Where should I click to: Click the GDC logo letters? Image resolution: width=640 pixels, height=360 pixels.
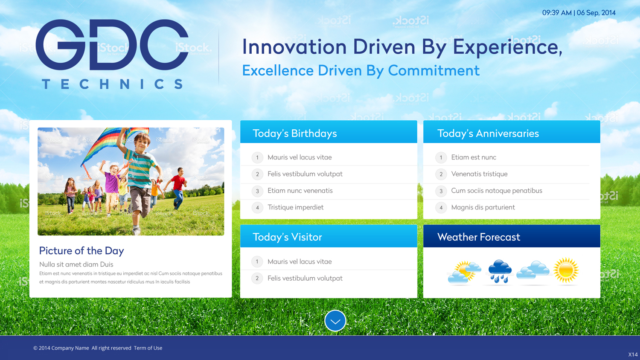112,45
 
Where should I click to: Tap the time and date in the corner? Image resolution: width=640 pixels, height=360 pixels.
579,13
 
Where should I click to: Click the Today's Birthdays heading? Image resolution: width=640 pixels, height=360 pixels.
294,134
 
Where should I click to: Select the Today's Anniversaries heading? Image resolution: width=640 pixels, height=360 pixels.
488,134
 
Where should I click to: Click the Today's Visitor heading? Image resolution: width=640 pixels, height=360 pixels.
287,237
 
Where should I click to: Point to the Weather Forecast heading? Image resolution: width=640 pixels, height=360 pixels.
478,237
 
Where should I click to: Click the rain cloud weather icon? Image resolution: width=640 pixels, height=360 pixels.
499,271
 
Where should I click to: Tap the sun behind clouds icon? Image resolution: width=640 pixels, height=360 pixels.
464,272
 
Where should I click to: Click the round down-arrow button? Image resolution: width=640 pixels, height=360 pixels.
335,321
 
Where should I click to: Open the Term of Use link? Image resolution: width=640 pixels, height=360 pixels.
148,348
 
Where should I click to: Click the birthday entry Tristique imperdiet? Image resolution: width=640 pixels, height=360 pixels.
295,207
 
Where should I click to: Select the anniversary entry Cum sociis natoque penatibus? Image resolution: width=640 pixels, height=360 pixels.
496,191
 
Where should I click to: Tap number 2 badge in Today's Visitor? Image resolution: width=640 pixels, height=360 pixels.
257,279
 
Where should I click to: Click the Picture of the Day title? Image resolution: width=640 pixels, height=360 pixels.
81,251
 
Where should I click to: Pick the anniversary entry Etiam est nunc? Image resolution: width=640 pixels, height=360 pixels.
474,157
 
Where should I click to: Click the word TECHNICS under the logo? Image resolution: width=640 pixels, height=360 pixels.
112,84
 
